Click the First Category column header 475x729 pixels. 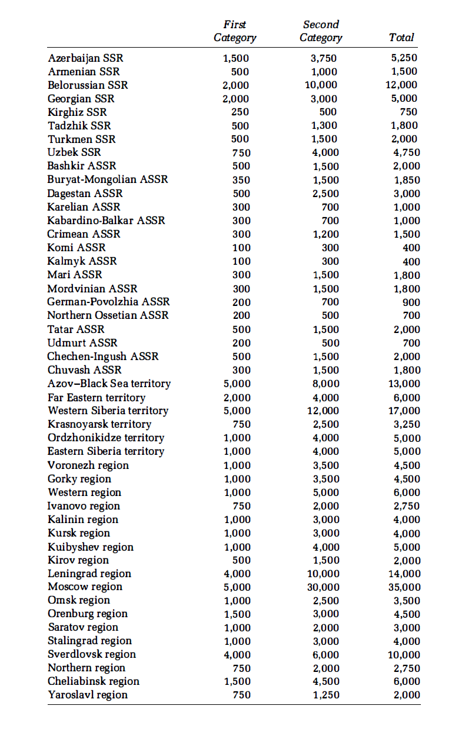pyautogui.click(x=235, y=31)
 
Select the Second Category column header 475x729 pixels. pyautogui.click(x=321, y=31)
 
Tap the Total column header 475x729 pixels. pyautogui.click(x=401, y=38)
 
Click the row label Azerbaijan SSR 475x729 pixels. pyautogui.click(x=85, y=58)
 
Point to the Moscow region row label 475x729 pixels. pyautogui.click(x=85, y=587)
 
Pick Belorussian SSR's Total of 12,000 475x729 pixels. pyautogui.click(x=404, y=85)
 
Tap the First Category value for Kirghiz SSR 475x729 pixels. pyautogui.click(x=240, y=112)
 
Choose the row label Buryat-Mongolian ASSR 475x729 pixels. pyautogui.click(x=108, y=180)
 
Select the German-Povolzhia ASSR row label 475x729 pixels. pyautogui.click(x=108, y=302)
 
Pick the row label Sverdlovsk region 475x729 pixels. pyautogui.click(x=92, y=654)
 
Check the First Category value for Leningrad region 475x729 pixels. pyautogui.click(x=237, y=574)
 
